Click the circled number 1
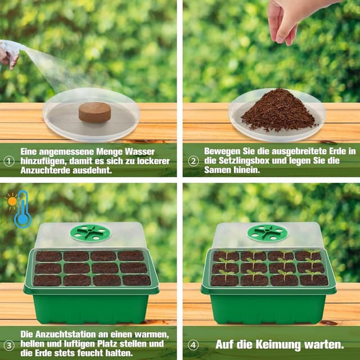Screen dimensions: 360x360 coord(9,161)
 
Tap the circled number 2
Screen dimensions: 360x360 coord(193,161)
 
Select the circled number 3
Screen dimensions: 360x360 coord(9,345)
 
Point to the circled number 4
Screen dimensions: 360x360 coord(193,345)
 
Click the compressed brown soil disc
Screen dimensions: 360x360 coord(94,112)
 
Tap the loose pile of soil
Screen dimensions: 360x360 coord(278,110)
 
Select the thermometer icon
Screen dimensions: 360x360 coord(22,209)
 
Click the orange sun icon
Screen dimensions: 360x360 coord(11,201)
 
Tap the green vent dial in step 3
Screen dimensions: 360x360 coord(90,233)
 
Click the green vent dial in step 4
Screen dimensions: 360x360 coord(268,233)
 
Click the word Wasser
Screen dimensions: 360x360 coord(139,152)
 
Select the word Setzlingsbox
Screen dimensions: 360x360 coord(244,160)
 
